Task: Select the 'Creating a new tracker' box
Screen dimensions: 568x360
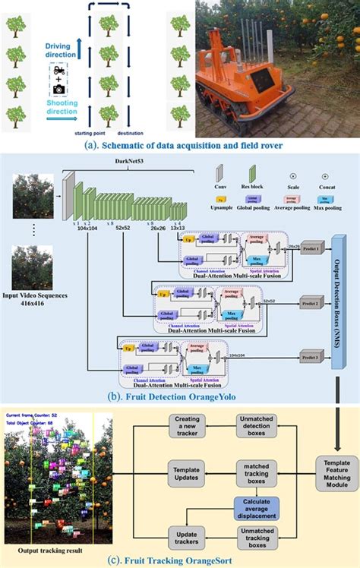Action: (187, 424)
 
